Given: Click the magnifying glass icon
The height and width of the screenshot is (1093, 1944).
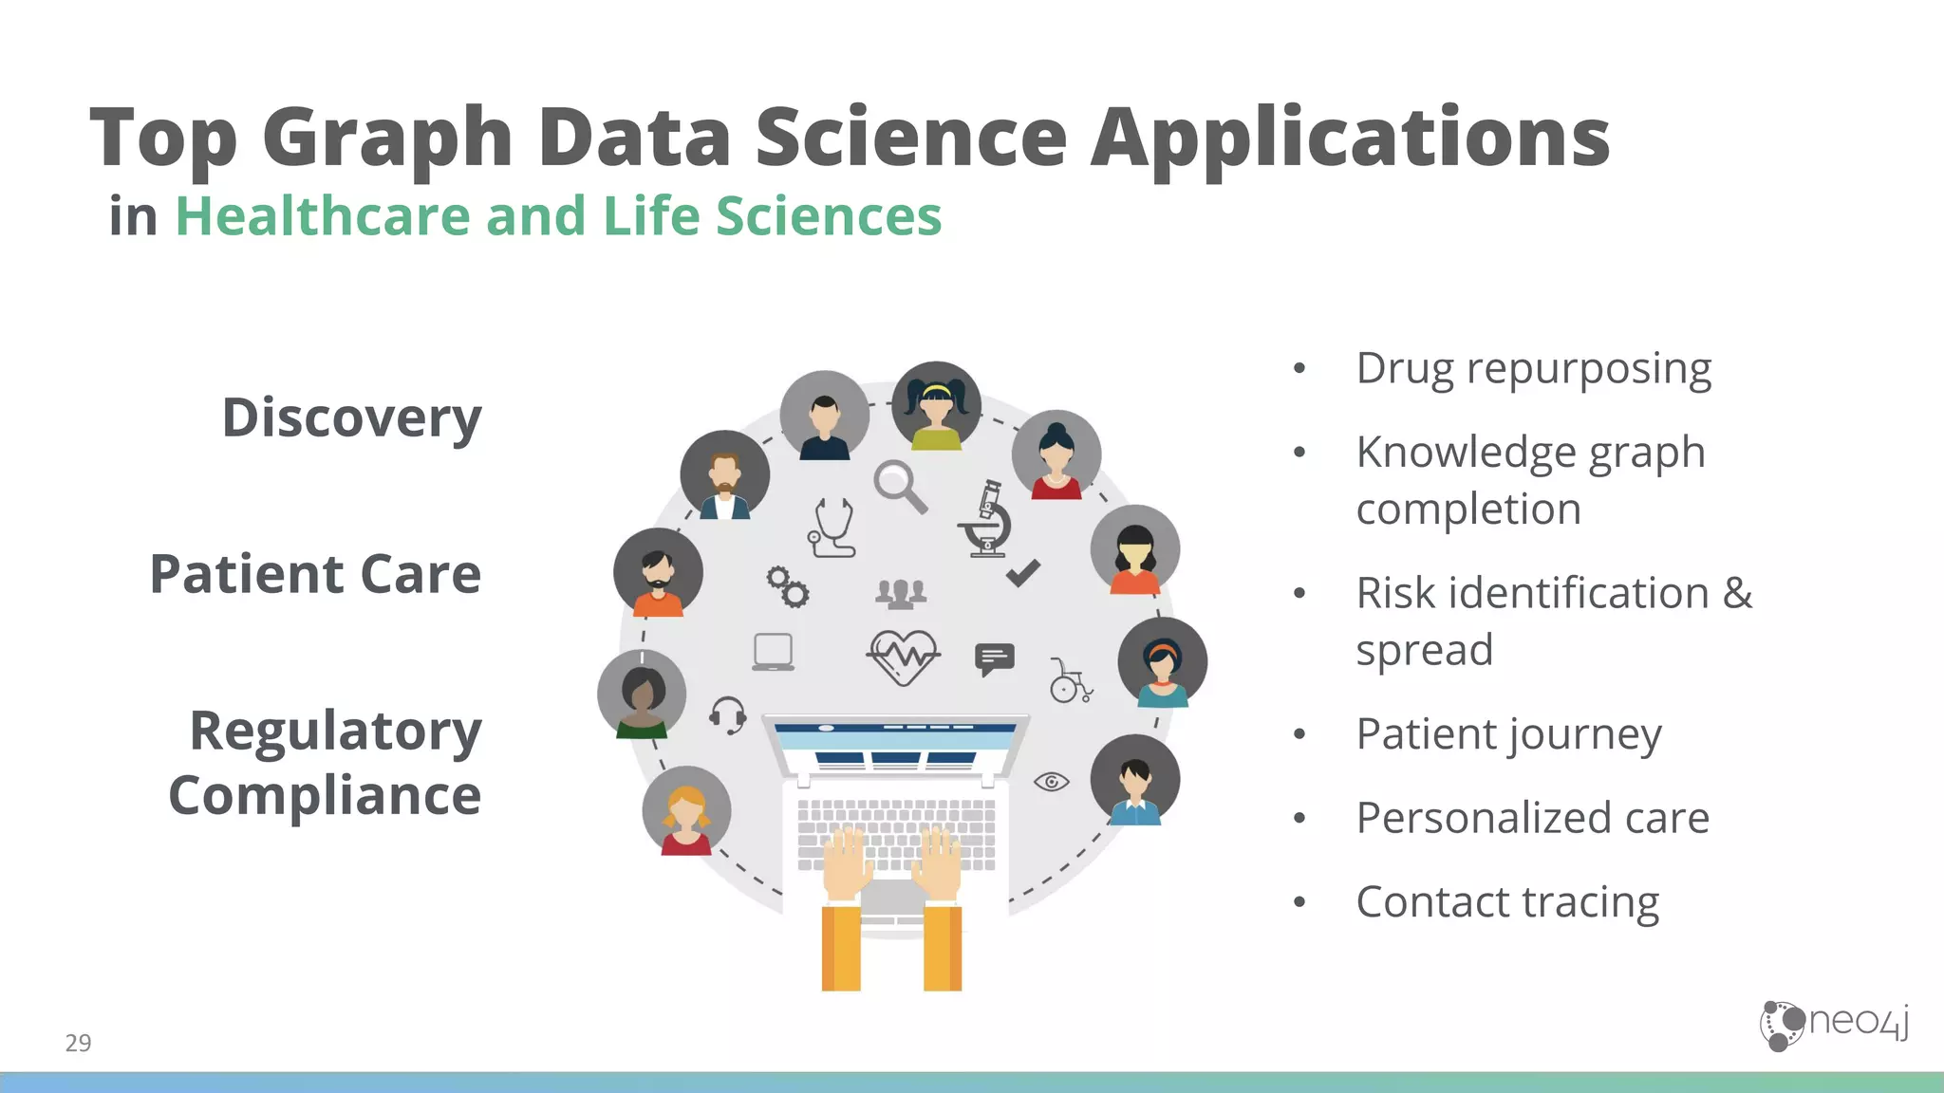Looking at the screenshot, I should pyautogui.click(x=899, y=486).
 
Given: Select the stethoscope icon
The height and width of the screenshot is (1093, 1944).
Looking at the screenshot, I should pyautogui.click(x=832, y=528).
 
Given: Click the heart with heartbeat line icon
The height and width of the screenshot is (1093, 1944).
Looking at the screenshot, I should pyautogui.click(x=903, y=657).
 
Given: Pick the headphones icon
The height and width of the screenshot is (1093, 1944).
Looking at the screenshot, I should pyautogui.click(x=728, y=714).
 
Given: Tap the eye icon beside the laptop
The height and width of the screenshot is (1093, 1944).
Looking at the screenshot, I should pyautogui.click(x=1051, y=782).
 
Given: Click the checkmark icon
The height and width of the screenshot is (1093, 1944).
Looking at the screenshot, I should pyautogui.click(x=1022, y=573).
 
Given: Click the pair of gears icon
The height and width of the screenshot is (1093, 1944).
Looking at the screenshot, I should pyautogui.click(x=788, y=586).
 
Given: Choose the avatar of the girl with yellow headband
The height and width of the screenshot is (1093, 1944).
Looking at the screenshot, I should pyautogui.click(x=936, y=406).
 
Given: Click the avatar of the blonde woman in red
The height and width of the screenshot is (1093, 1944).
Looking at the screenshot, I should pyautogui.click(x=686, y=811).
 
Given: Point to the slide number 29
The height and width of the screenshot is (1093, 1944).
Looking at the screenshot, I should pyautogui.click(x=78, y=1043).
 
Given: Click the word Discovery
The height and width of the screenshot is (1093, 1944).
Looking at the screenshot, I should pyautogui.click(x=351, y=417).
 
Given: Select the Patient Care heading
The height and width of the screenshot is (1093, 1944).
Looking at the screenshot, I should pyautogui.click(x=315, y=574).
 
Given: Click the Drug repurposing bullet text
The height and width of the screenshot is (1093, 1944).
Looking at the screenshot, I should pyautogui.click(x=1533, y=368).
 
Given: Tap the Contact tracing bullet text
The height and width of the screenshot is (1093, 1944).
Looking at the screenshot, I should pyautogui.click(x=1507, y=901).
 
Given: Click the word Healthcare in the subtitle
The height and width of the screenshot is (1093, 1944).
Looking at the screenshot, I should pyautogui.click(x=323, y=215).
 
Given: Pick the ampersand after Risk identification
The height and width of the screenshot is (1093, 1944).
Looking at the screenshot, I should pyautogui.click(x=1737, y=593).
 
